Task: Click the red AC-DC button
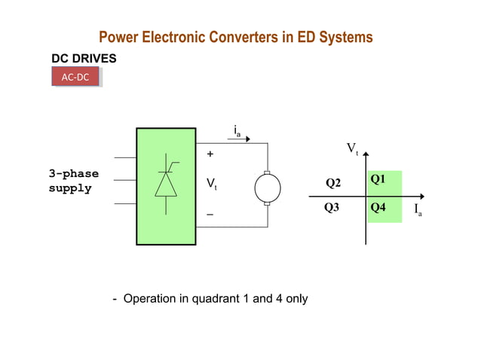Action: [76, 77]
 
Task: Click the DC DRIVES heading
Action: [83, 57]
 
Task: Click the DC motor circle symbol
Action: [267, 188]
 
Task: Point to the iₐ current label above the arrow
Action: [237, 132]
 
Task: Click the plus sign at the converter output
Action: [210, 154]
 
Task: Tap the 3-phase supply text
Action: [74, 181]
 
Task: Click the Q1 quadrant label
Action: [378, 178]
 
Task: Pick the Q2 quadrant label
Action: [333, 183]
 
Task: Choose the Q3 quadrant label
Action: [332, 206]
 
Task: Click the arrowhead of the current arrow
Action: [263, 141]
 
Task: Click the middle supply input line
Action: [124, 181]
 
